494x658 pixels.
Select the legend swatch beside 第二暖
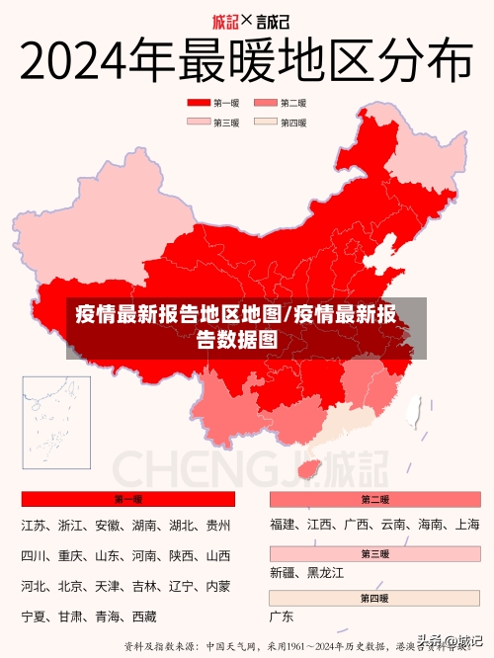pyautogui.click(x=265, y=103)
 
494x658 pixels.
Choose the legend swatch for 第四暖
pyautogui.click(x=265, y=123)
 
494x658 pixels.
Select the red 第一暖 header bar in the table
pyautogui.click(x=127, y=500)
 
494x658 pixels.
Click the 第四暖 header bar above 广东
pyautogui.click(x=374, y=599)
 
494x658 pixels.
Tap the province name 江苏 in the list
pyautogui.click(x=34, y=526)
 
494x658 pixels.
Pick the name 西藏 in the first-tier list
pyautogui.click(x=144, y=617)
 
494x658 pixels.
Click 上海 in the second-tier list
pyautogui.click(x=467, y=525)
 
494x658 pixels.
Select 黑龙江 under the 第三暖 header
pyautogui.click(x=325, y=573)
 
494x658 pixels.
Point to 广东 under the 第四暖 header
pyautogui.click(x=282, y=617)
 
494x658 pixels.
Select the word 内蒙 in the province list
pyautogui.click(x=217, y=587)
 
